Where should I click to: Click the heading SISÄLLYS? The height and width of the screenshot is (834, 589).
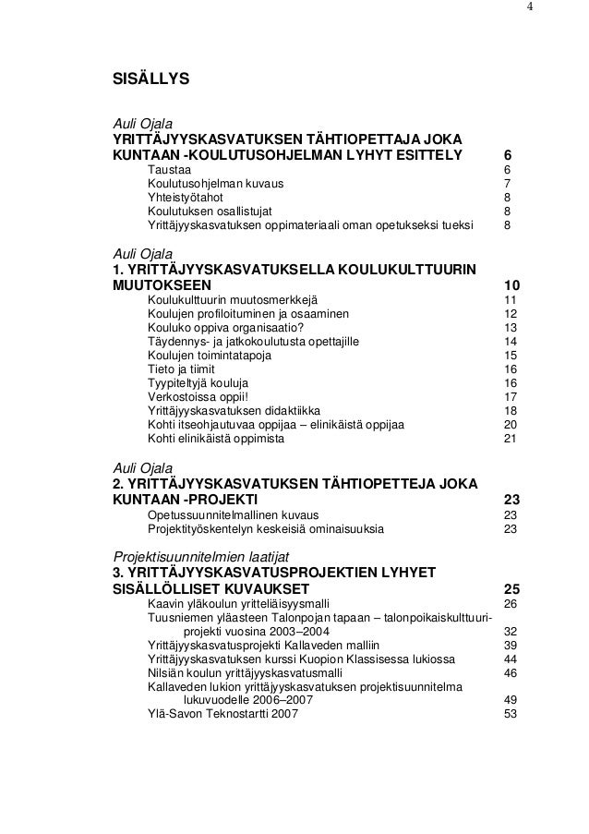point(150,80)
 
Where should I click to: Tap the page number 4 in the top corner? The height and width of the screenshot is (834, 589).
point(530,8)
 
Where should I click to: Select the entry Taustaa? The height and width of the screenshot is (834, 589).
point(169,170)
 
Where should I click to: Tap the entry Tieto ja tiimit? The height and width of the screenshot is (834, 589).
point(184,369)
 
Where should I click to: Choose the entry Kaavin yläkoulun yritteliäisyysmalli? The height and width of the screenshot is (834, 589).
point(237,604)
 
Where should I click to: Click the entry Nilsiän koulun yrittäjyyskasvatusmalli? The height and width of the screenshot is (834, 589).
point(243,673)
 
